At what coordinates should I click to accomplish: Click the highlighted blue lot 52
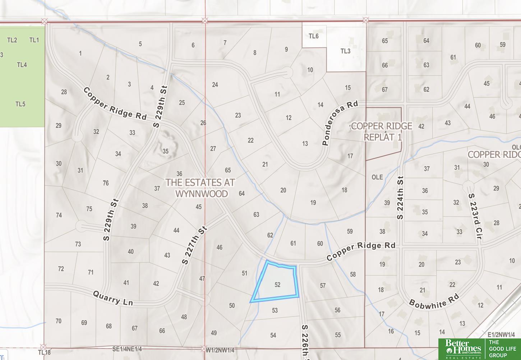pyautogui.click(x=277, y=284)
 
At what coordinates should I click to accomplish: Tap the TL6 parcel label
pyautogui.click(x=313, y=36)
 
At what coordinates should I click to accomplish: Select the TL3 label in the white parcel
pyautogui.click(x=345, y=51)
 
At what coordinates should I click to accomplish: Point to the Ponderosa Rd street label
pyautogui.click(x=340, y=123)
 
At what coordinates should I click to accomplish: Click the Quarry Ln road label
pyautogui.click(x=113, y=298)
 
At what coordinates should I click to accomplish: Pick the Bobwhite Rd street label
pyautogui.click(x=434, y=300)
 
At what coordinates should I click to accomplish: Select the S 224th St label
pyautogui.click(x=400, y=198)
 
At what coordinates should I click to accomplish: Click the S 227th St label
pyautogui.click(x=194, y=245)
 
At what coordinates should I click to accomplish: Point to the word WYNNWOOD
pyautogui.click(x=202, y=194)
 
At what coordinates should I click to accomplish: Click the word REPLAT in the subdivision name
pyautogui.click(x=378, y=137)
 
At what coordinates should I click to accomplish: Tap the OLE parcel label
pyautogui.click(x=377, y=177)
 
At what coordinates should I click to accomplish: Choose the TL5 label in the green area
pyautogui.click(x=20, y=104)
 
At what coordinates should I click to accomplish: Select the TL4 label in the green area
pyautogui.click(x=22, y=65)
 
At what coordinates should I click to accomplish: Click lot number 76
pyautogui.click(x=106, y=183)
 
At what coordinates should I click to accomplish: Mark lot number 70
pyautogui.click(x=58, y=321)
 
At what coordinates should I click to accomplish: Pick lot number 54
pyautogui.click(x=273, y=335)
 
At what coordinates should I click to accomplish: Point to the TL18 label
pyautogui.click(x=44, y=352)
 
